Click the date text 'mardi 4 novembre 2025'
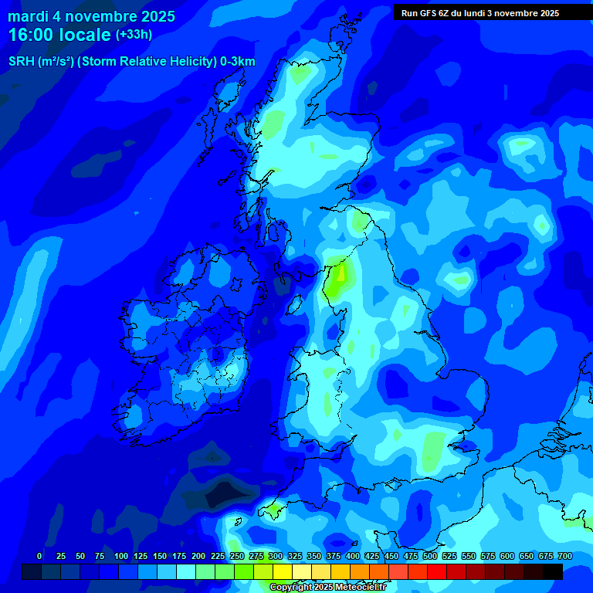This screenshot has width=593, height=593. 91,16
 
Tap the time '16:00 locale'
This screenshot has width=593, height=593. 59,35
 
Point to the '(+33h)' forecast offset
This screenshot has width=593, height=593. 134,35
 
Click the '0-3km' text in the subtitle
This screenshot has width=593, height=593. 238,62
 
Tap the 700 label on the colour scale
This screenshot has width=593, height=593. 564,556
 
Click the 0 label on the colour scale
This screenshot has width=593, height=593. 39,556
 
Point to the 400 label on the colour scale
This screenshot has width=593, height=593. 352,556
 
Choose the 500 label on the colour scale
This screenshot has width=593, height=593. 429,556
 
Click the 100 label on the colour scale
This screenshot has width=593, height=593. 120,556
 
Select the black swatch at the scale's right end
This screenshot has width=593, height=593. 553,572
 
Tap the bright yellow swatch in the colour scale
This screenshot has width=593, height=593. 283,572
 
